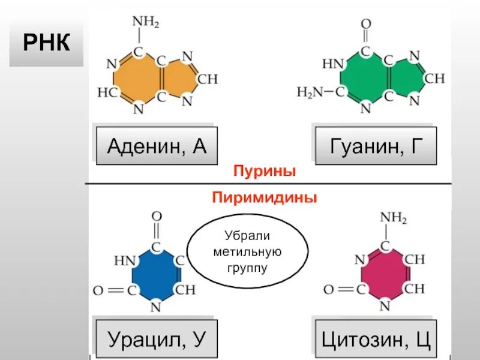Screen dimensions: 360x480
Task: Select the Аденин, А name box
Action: [x=157, y=146]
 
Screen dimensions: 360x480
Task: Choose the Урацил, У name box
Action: [x=157, y=340]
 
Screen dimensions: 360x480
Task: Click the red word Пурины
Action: [x=265, y=172]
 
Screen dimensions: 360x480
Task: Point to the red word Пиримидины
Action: [x=265, y=197]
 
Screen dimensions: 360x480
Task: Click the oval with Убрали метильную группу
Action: [x=247, y=251]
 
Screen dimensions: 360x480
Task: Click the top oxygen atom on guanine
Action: [x=365, y=24]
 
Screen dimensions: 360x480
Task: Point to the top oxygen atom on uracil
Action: [x=157, y=217]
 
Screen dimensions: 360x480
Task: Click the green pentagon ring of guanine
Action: [x=407, y=78]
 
